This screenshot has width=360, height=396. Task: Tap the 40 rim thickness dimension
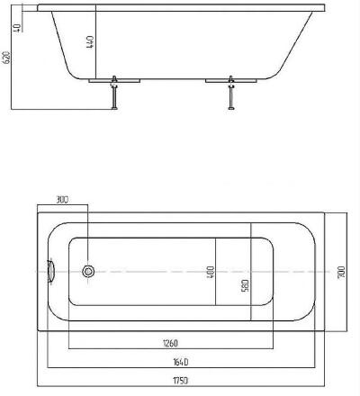pos(17,27)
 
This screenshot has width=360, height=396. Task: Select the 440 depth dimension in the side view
pos(90,42)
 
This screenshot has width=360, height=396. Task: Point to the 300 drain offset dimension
pos(62,200)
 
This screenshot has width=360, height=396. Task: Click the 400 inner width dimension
pos(211,272)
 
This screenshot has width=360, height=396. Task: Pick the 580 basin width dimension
pos(245,285)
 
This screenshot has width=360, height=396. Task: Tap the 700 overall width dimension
pos(341,273)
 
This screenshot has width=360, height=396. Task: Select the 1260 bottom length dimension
pos(170,343)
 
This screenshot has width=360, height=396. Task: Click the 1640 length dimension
pos(181,362)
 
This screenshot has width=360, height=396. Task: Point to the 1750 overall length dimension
pos(181,381)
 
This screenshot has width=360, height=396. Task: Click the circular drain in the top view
pos(88,272)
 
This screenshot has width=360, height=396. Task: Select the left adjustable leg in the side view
pos(114,93)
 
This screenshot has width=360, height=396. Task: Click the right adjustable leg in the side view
pos(231,93)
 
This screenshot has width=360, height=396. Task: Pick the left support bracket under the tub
pos(114,81)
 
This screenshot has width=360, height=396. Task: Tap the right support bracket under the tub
pos(231,81)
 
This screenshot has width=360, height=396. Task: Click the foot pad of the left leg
pos(114,108)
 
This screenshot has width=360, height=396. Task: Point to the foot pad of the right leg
pos(231,108)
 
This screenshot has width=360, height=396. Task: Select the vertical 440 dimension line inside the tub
pos(95,41)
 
